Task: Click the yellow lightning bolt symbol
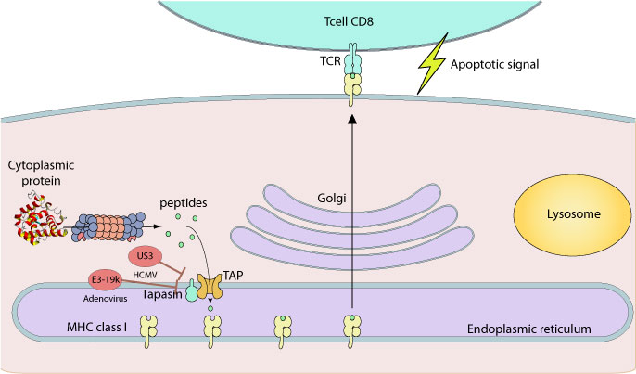click(x=432, y=69)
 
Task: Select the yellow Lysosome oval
click(x=561, y=214)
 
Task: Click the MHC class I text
click(x=70, y=329)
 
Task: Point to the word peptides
click(x=184, y=202)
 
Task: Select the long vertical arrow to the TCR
click(x=352, y=213)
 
